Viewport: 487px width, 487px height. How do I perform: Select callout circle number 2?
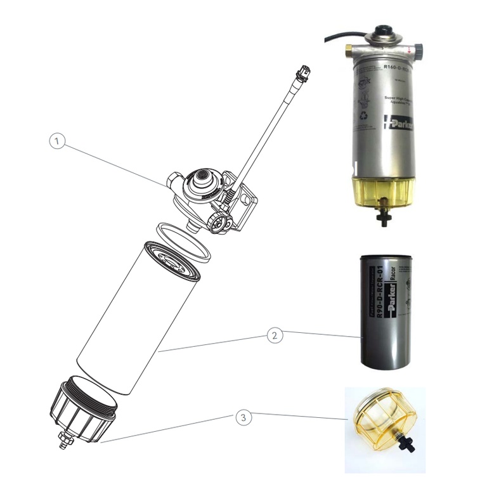tap(274, 336)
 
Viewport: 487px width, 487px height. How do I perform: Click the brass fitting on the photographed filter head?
tap(348, 51)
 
